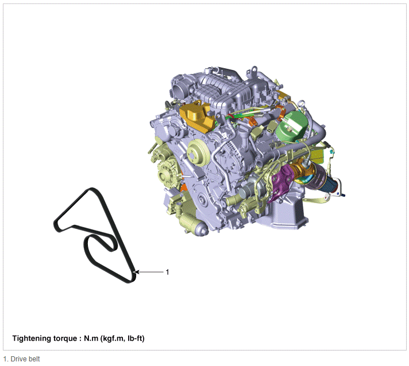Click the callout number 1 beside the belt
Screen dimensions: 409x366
pyautogui.click(x=168, y=272)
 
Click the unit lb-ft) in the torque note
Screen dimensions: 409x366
pyautogui.click(x=136, y=338)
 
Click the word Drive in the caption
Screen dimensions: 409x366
pyautogui.click(x=18, y=359)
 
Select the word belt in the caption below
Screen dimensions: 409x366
pyautogui.click(x=34, y=359)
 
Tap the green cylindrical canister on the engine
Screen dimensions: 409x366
pyautogui.click(x=292, y=126)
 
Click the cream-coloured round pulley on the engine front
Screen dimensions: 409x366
pyautogui.click(x=198, y=152)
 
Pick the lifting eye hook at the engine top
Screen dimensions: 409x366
pyautogui.click(x=252, y=71)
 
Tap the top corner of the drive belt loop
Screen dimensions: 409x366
pyautogui.click(x=91, y=189)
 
